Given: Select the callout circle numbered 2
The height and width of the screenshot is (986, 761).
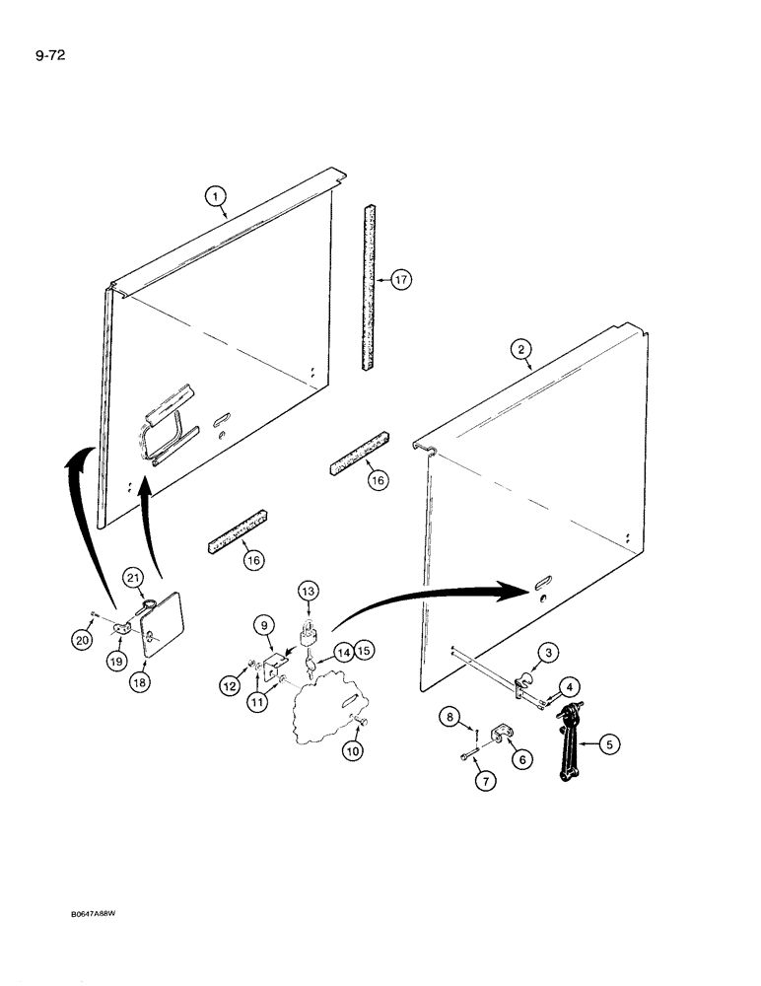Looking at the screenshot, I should click(x=521, y=348).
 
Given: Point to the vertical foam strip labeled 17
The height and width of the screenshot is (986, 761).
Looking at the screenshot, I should click(x=370, y=286).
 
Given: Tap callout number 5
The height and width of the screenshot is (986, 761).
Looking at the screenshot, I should click(x=611, y=745).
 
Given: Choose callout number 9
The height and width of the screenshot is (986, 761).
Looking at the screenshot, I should click(x=264, y=624).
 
